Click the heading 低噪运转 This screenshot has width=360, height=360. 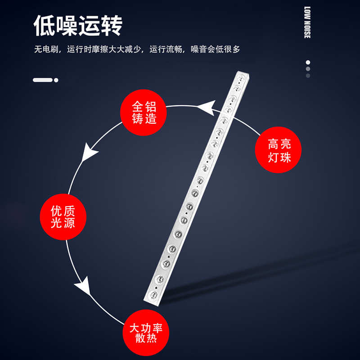[x=78, y=26]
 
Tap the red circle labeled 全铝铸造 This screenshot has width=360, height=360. [x=144, y=112]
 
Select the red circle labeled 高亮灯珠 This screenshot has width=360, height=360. [x=279, y=150]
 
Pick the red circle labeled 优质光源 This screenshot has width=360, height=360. [x=63, y=217]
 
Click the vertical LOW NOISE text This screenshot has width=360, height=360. [x=307, y=22]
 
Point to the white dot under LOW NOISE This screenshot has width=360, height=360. [x=308, y=63]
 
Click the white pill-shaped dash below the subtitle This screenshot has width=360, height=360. [x=43, y=80]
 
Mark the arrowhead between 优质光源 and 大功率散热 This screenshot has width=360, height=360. [x=83, y=286]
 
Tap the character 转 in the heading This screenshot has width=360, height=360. [x=111, y=26]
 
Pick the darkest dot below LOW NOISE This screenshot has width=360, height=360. [x=308, y=76]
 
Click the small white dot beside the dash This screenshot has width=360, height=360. [x=56, y=80]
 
